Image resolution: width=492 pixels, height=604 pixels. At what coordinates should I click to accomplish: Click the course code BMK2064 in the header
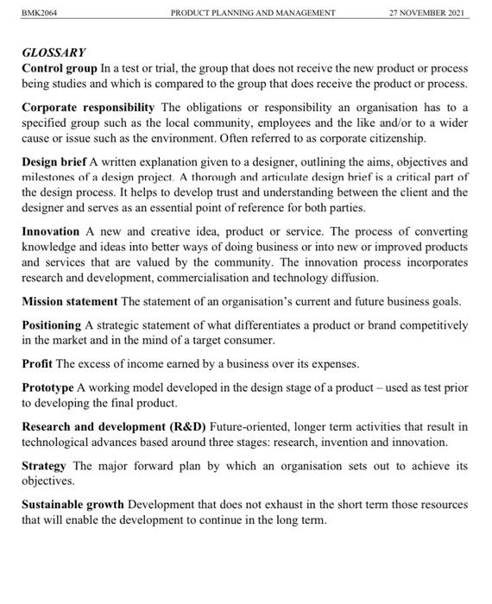point(40,13)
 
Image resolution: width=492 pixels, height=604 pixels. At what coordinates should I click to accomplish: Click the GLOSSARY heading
point(54,53)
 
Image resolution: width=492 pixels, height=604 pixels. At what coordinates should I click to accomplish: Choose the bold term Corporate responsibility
point(88,108)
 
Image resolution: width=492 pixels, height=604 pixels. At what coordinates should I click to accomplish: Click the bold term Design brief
point(54,162)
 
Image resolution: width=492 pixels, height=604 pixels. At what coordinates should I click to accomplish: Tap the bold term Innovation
point(50,232)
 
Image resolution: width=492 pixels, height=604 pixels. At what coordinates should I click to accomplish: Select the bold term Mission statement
point(70,301)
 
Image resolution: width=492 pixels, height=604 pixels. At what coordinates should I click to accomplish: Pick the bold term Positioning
point(51,325)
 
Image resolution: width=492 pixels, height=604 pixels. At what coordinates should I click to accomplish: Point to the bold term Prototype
point(47,388)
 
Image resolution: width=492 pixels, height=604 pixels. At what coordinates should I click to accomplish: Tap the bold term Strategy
point(45,466)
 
